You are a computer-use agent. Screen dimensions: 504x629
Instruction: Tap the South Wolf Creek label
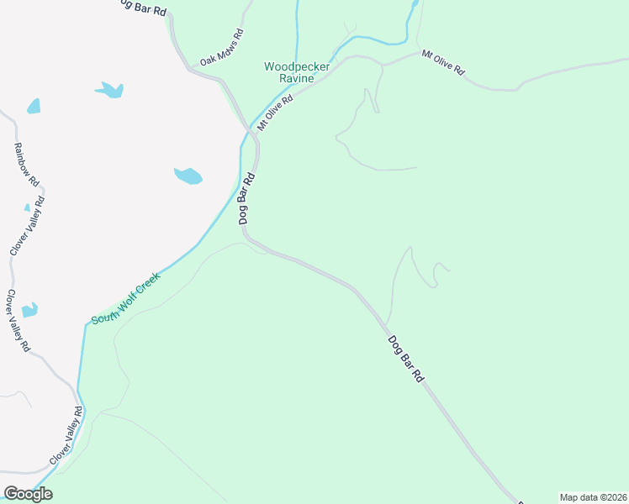(x=125, y=298)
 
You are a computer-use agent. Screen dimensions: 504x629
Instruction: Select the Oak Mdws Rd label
(x=221, y=49)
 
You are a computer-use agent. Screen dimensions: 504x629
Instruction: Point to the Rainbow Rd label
(x=27, y=164)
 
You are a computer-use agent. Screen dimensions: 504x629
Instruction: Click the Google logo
(x=28, y=494)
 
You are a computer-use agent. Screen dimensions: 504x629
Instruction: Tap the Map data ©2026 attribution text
(x=593, y=497)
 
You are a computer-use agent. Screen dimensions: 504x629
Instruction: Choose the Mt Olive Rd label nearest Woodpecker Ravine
(x=275, y=112)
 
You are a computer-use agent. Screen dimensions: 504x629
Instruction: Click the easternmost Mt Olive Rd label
(x=443, y=63)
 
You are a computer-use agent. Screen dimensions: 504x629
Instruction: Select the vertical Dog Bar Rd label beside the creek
(x=247, y=198)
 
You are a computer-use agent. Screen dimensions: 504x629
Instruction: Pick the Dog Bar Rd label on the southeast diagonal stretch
(x=405, y=360)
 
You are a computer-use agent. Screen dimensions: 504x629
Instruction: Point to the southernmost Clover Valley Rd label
(x=66, y=435)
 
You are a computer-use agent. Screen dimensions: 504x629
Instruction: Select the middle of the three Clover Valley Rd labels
(x=18, y=320)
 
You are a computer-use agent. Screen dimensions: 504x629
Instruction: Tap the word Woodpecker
(x=297, y=66)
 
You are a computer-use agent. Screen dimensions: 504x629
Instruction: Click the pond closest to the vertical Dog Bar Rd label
(x=188, y=176)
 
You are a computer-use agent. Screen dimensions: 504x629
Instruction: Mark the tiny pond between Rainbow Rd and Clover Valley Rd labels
(x=27, y=207)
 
